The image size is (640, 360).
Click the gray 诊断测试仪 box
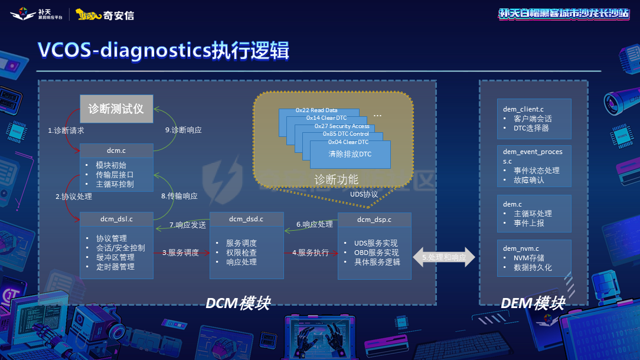[x=116, y=109]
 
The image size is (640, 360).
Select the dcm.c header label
[x=116, y=151]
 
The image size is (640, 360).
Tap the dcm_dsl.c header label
[x=116, y=219]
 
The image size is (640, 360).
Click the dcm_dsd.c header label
[x=246, y=219]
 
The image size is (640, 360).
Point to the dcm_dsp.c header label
[x=374, y=219]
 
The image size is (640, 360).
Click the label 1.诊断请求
[x=66, y=130]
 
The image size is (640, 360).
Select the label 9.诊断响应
[x=183, y=130]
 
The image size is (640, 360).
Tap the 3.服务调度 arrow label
[x=181, y=253]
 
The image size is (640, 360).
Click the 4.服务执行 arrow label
[x=310, y=253]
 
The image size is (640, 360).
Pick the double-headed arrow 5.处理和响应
[x=444, y=257]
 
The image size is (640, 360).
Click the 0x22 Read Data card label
[x=316, y=110]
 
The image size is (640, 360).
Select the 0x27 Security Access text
[x=341, y=126]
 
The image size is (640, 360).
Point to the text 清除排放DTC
[x=350, y=154]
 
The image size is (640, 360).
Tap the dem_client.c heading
[x=523, y=109]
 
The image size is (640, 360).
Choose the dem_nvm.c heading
[x=521, y=248]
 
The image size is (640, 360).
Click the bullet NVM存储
[x=528, y=258]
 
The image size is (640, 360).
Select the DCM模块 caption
[x=238, y=303]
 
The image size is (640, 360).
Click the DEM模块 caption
[x=533, y=303]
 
